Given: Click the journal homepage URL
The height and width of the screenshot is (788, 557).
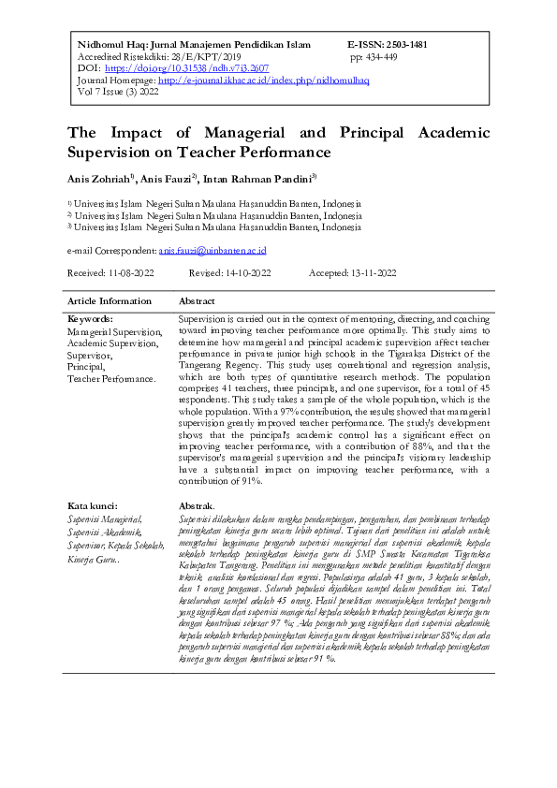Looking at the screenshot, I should pos(264,80).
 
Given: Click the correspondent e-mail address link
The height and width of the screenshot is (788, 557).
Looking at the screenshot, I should pos(213,251).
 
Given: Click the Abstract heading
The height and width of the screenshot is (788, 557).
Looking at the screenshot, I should pos(197,301).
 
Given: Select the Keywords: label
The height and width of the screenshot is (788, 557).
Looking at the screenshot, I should pos(90,319).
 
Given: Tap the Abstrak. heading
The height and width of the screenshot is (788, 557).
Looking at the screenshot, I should pos(196,506).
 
